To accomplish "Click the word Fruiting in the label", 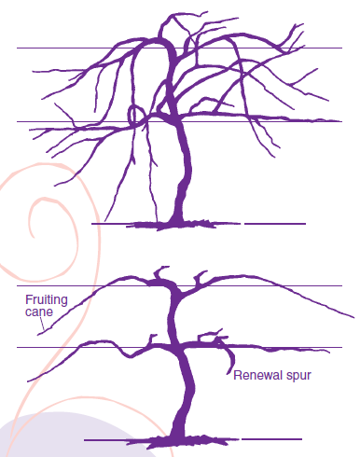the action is pos(45,301).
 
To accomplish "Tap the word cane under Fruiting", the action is pos(38,312).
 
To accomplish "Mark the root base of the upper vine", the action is pos(173,225).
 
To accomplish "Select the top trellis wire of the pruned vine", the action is pos(280,286).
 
